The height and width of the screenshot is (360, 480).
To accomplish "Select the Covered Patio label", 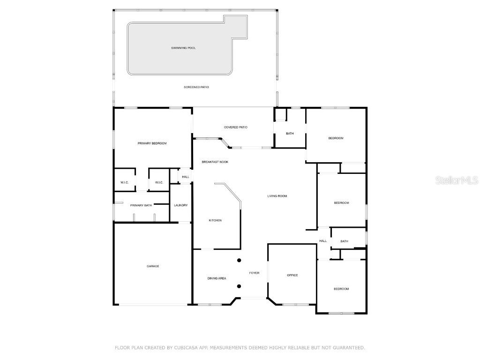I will click(x=236, y=127).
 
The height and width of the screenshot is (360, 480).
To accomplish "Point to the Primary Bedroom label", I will click(x=152, y=143).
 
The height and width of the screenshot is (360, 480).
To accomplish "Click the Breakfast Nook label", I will click(x=215, y=162).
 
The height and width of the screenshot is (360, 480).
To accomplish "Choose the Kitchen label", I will click(x=215, y=220).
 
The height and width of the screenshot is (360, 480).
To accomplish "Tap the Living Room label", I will click(x=277, y=196).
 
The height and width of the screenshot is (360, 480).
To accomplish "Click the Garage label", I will click(x=153, y=266).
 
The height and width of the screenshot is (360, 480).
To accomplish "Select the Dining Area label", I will click(x=217, y=278).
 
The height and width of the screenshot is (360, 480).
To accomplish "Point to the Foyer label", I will click(x=254, y=273).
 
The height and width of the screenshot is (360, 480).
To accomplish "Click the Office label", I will click(x=292, y=275).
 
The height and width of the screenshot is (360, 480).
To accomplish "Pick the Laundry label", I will click(x=180, y=205).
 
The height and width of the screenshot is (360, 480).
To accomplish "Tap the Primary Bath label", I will click(x=141, y=205).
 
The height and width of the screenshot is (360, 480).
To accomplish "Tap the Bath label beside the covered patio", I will click(x=290, y=134).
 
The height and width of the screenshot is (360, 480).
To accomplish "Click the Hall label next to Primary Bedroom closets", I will click(x=186, y=177).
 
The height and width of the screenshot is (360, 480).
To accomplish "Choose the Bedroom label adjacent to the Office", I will click(x=341, y=289).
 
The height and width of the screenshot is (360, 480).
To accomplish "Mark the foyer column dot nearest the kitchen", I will click(x=239, y=260).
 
